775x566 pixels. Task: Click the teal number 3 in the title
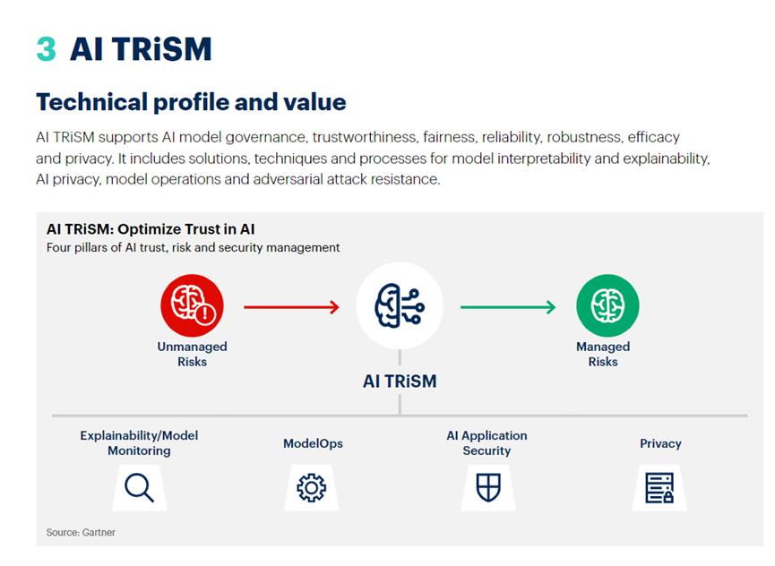point(46,48)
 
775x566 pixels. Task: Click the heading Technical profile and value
point(191,102)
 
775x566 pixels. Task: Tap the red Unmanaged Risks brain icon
point(193,306)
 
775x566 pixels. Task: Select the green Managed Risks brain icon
point(607,306)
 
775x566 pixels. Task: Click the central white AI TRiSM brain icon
point(400,305)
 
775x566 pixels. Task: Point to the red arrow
point(291,307)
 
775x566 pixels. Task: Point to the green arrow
point(508,307)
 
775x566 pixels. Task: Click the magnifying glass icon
point(139,487)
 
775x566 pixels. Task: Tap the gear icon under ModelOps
point(312,487)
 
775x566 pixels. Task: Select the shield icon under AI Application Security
point(487,487)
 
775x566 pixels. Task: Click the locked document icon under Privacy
point(659,487)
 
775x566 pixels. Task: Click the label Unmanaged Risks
point(193,354)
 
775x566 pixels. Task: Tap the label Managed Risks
point(603,354)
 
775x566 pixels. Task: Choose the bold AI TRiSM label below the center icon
point(400,381)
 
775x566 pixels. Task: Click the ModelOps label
point(313,443)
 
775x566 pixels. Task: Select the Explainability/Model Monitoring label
point(139,442)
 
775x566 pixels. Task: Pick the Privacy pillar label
point(660,443)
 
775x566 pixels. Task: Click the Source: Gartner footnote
point(81,532)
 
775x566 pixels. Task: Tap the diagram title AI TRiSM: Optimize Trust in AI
point(151,229)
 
